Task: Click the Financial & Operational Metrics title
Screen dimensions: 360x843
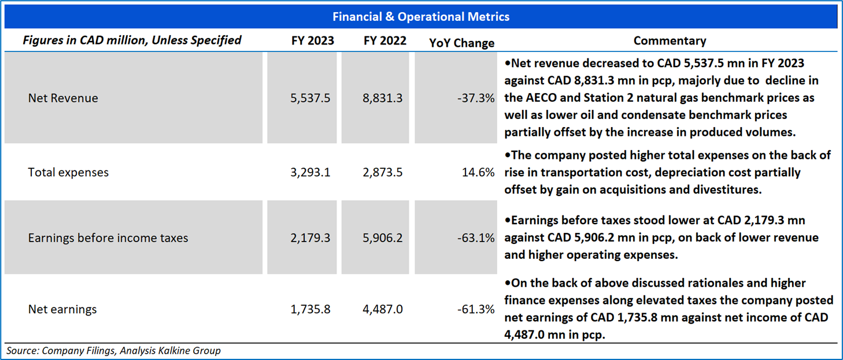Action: pyautogui.click(x=421, y=17)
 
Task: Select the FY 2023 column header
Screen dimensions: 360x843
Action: pyautogui.click(x=312, y=41)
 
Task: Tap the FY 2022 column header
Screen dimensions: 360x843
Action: pyautogui.click(x=385, y=41)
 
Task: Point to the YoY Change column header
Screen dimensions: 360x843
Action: pyautogui.click(x=462, y=43)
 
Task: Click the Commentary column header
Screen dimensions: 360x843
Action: pyautogui.click(x=670, y=41)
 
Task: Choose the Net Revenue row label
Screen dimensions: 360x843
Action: pyautogui.click(x=63, y=98)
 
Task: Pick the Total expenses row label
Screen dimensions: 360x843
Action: pyautogui.click(x=68, y=172)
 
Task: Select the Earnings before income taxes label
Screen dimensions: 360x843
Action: pyautogui.click(x=108, y=237)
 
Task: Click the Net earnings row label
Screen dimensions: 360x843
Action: pyautogui.click(x=62, y=309)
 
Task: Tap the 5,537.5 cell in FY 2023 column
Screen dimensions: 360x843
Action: pyautogui.click(x=310, y=98)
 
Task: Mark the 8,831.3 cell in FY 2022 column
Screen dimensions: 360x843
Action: pyautogui.click(x=383, y=98)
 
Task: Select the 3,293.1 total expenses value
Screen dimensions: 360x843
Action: pyautogui.click(x=310, y=172)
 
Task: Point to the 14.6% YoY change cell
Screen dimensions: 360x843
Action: pyautogui.click(x=479, y=172)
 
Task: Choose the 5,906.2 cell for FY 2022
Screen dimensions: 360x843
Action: pyautogui.click(x=383, y=237)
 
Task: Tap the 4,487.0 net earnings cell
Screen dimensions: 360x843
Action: pyautogui.click(x=383, y=309)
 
